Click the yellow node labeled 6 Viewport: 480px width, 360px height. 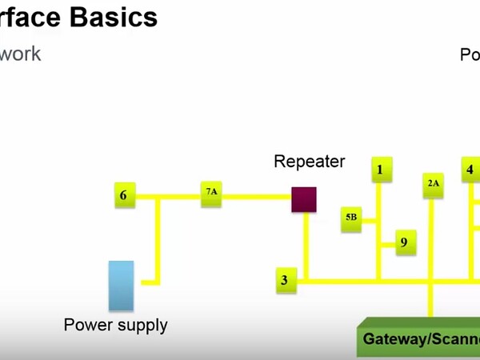click(x=123, y=195)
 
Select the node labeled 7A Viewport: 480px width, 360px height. click(x=211, y=194)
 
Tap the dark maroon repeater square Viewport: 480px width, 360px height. click(x=304, y=199)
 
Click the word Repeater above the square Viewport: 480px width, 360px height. click(x=309, y=162)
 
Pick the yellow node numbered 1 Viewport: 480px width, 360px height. click(x=380, y=169)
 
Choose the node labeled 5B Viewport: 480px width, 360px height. click(x=352, y=218)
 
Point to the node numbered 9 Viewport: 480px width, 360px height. click(x=404, y=242)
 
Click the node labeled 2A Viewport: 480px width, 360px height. click(x=433, y=184)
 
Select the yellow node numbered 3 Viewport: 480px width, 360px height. click(x=284, y=280)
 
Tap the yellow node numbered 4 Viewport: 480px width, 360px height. click(x=470, y=170)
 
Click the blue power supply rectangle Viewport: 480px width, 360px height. click(x=121, y=285)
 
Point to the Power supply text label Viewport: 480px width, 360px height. click(x=116, y=325)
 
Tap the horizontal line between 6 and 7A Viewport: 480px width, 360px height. click(x=168, y=195)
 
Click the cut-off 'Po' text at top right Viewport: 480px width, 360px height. click(x=470, y=55)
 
